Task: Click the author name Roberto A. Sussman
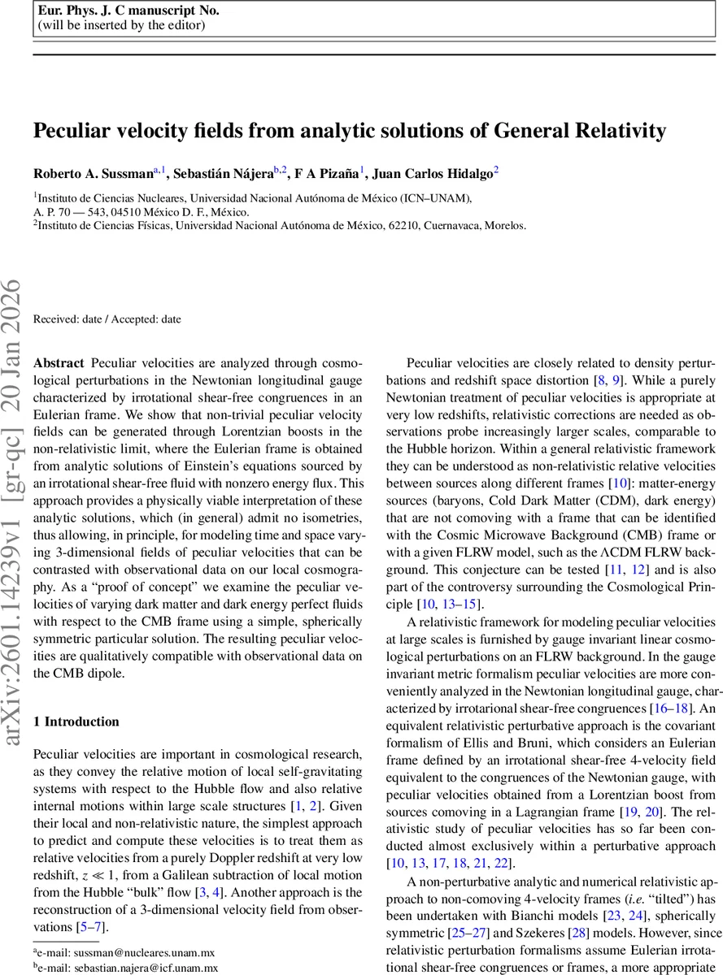(93, 172)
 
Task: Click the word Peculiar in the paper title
(70, 131)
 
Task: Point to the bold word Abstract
(59, 362)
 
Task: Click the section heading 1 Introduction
(76, 721)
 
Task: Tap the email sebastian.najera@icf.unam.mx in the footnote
(146, 968)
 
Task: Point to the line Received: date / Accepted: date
(107, 319)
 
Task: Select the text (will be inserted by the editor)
(121, 24)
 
